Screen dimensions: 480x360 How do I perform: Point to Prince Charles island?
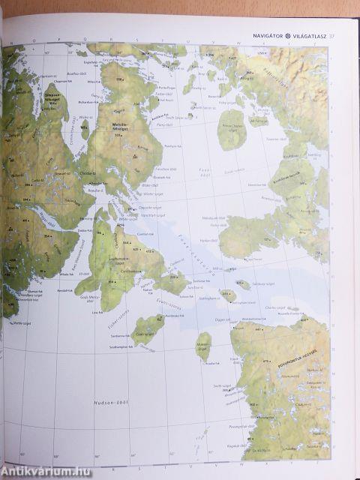pyautogui.click(x=232, y=128)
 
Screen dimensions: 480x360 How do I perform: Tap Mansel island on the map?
pyautogui.click(x=203, y=344)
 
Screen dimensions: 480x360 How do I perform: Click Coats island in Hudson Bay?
pyautogui.click(x=148, y=327)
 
